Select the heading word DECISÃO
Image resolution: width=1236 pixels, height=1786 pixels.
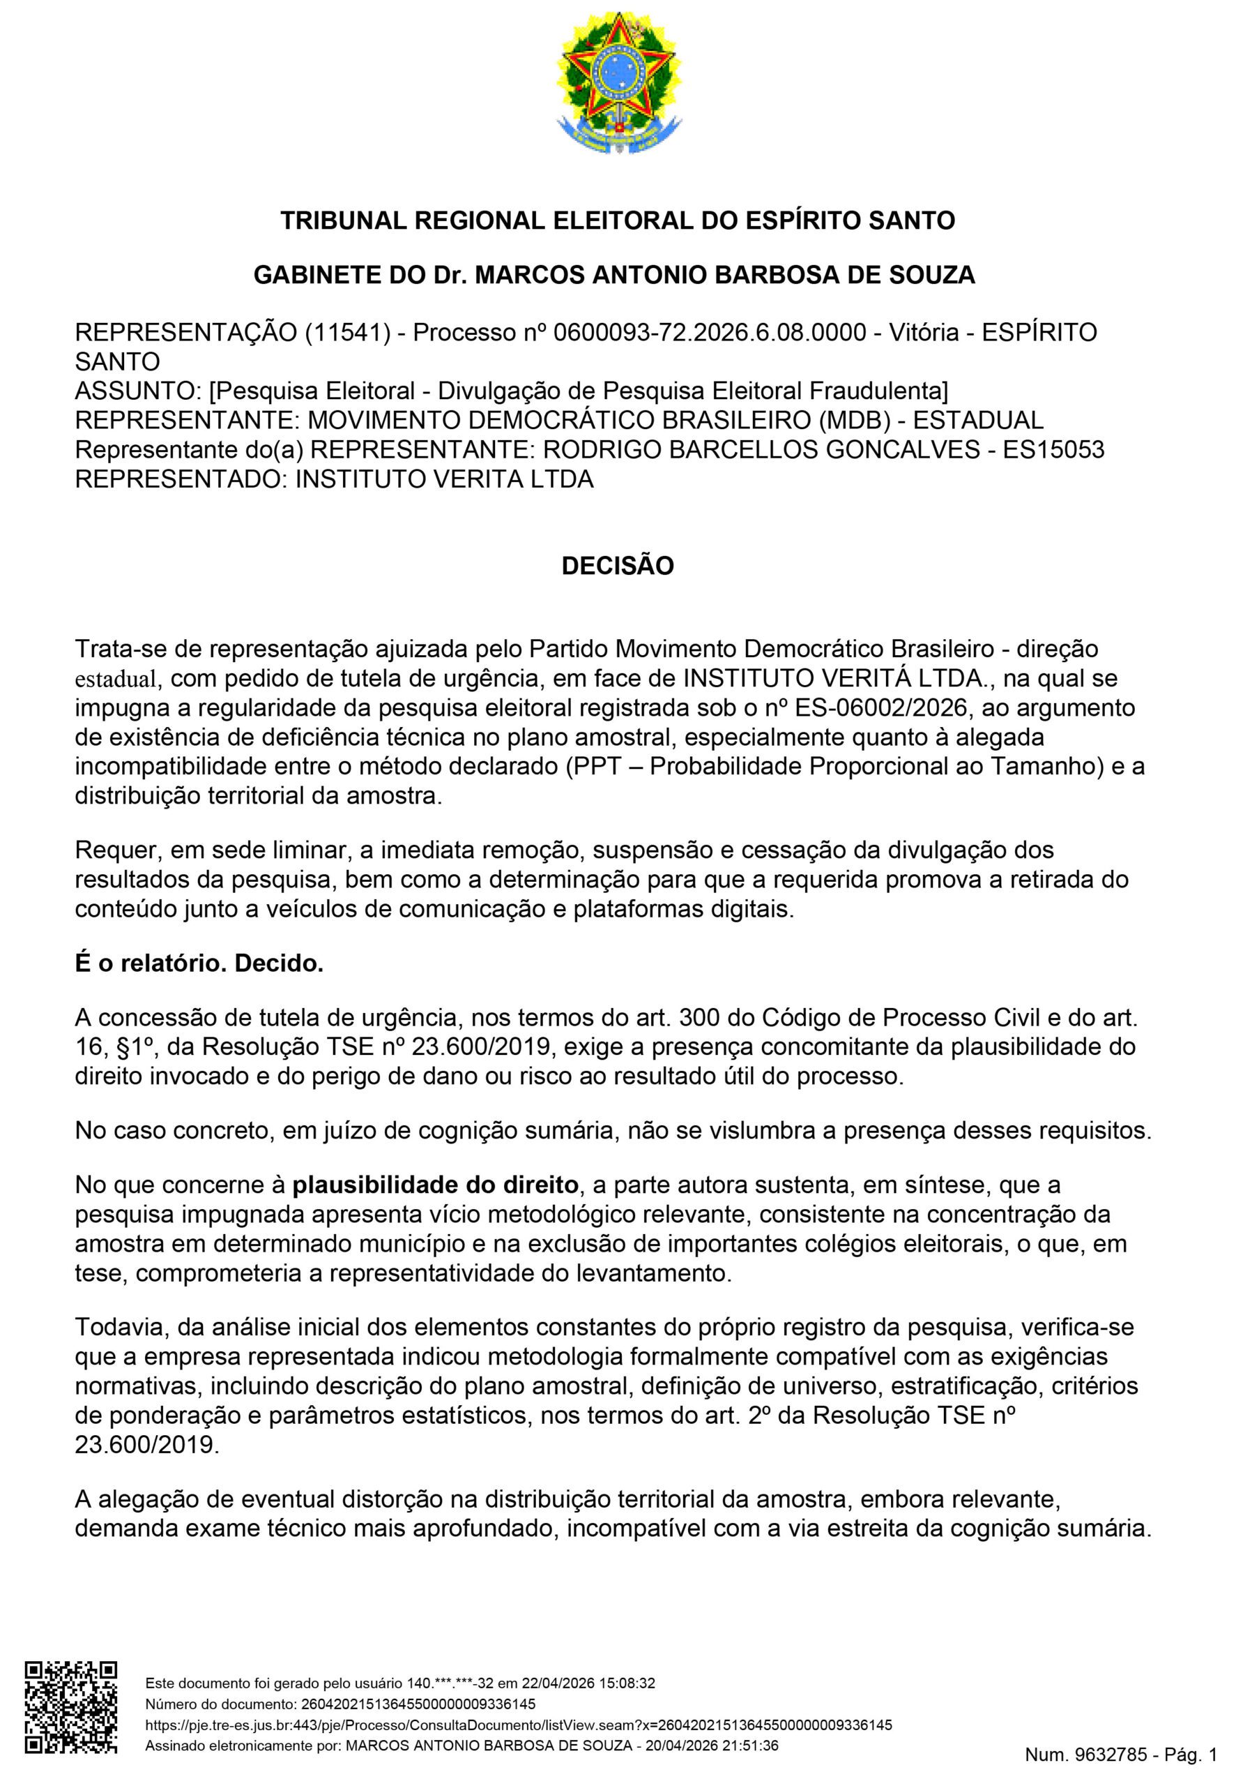pos(617,566)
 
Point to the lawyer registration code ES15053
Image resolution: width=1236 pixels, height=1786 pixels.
pos(1053,449)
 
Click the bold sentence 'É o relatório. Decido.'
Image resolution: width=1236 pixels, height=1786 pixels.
pos(199,965)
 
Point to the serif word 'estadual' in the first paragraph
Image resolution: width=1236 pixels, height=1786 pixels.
pos(116,679)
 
